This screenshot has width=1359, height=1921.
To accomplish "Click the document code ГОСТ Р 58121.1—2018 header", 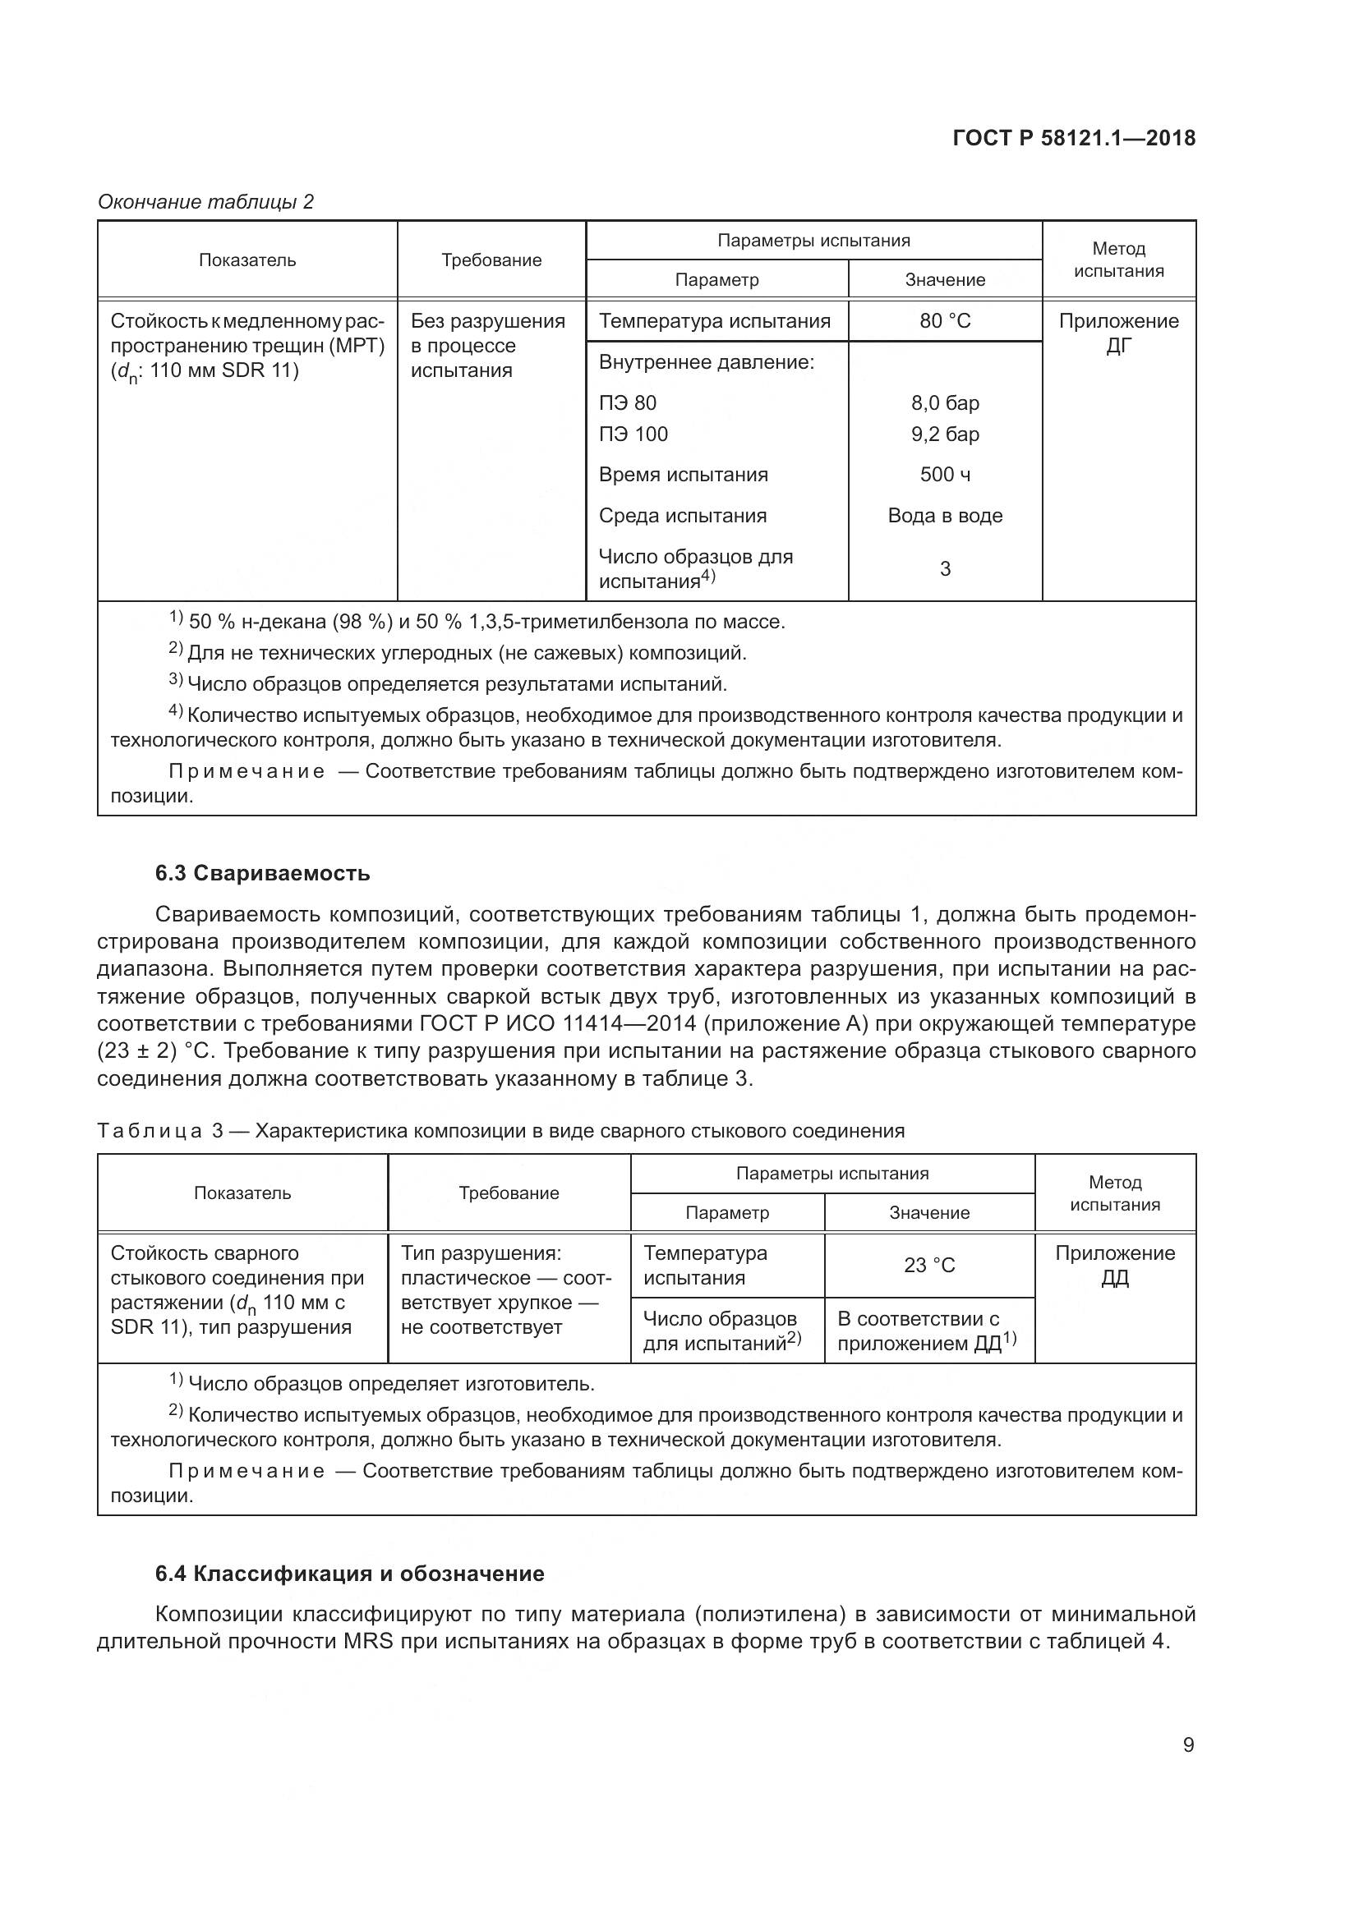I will tap(1074, 138).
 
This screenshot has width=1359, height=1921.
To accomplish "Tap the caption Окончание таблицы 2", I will tap(206, 202).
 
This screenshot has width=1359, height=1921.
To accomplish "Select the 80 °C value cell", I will tap(945, 321).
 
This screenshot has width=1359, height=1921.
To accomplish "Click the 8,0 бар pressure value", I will tap(945, 403).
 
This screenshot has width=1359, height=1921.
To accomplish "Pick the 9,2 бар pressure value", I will tap(945, 434).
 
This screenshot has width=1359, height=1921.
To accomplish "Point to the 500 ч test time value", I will tap(945, 476).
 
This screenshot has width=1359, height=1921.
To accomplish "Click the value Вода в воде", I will tap(945, 517).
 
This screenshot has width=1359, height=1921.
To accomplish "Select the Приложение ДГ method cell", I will tap(1118, 333).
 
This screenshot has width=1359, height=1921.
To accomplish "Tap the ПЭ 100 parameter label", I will tap(633, 434).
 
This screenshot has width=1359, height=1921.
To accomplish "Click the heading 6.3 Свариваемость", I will tap(262, 874).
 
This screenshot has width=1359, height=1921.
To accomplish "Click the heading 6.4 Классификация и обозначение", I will tap(350, 1574).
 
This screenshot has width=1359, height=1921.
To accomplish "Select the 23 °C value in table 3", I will tap(929, 1265).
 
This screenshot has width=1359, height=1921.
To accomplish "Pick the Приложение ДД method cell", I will tap(1115, 1265).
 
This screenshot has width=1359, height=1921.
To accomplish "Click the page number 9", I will tap(1188, 1745).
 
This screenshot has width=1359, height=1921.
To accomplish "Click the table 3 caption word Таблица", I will tap(150, 1131).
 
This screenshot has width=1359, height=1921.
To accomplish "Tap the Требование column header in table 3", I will tap(508, 1193).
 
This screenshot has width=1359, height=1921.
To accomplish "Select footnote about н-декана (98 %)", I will tap(477, 622).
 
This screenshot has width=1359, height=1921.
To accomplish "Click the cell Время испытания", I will tap(683, 476).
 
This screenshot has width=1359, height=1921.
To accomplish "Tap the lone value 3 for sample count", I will tap(945, 569).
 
